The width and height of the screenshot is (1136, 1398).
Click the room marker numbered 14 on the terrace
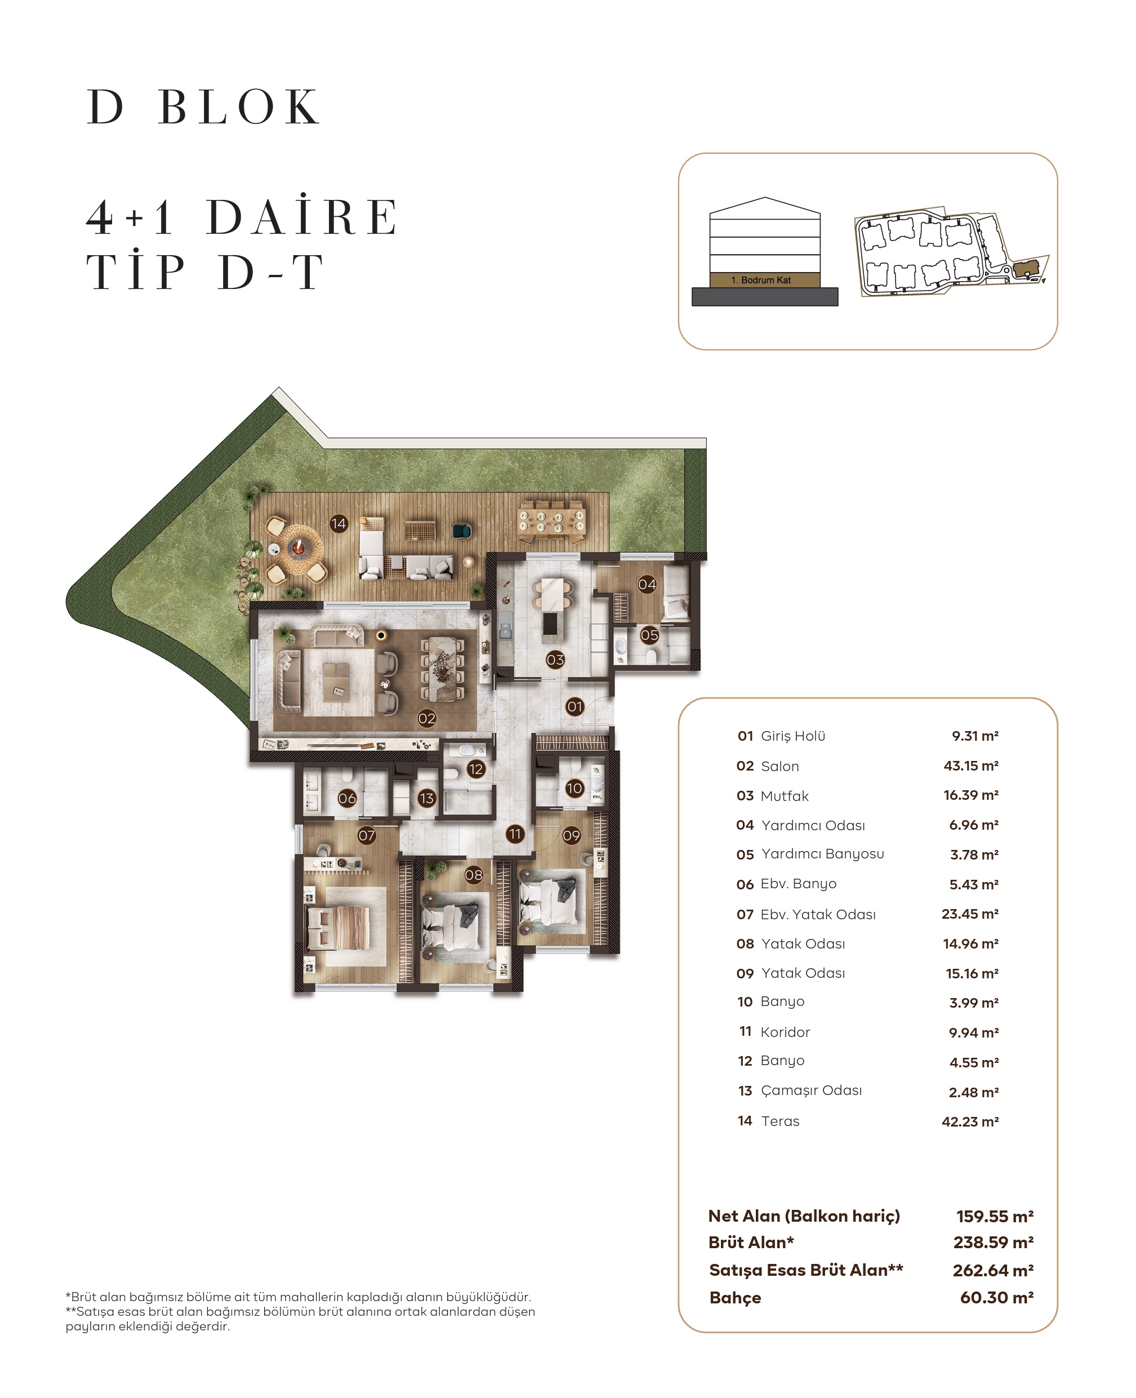pos(338,524)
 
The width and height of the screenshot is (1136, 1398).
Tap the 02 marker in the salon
pos(427,719)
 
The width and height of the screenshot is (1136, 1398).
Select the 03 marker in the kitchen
pos(555,660)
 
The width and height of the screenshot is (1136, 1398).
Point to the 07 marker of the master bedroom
pos(367,835)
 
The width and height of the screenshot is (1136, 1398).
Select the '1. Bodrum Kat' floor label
pos(764,280)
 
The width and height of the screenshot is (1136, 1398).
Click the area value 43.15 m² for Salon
pos(970,766)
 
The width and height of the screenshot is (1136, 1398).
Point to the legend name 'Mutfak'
pos(785,796)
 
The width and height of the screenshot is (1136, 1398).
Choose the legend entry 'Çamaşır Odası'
pos(811,1090)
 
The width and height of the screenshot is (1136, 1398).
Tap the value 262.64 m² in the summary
pos(993,1270)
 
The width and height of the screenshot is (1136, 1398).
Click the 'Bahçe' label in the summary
pos(735,1298)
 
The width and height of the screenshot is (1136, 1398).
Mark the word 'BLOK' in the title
pos(239,106)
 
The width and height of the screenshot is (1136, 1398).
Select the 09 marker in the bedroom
pos(571,835)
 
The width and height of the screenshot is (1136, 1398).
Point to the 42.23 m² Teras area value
pos(970,1121)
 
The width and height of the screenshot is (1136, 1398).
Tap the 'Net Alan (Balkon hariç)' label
pos(804,1216)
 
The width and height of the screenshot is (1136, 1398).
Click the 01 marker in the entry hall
pos(574,706)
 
